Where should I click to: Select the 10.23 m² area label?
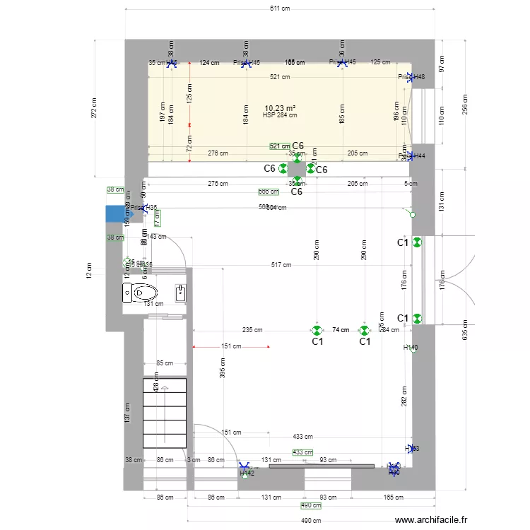coord(280,108)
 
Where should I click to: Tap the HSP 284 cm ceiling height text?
coord(279,115)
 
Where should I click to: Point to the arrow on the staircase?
coord(165,388)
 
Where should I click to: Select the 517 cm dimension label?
coord(281,265)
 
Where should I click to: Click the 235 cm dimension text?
coord(253,330)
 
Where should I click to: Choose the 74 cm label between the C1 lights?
coord(341,330)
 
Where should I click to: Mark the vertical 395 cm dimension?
coord(223,365)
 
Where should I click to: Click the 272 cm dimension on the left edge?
coord(94,106)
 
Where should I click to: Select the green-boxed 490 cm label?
coord(311,506)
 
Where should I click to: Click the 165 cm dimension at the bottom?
coord(393,498)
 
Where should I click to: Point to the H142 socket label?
coord(247,473)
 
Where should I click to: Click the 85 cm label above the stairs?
coord(164,363)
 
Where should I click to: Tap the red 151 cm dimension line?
coord(232,347)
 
